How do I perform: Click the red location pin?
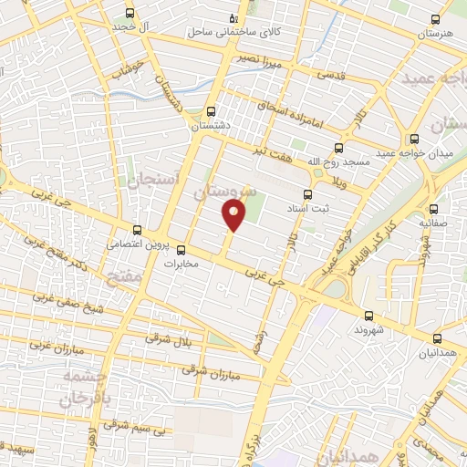pyautogui.click(x=233, y=215)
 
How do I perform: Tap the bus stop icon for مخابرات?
pyautogui.click(x=181, y=250)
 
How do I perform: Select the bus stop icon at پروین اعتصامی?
pyautogui.click(x=137, y=230)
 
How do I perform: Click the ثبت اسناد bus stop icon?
pyautogui.click(x=306, y=193)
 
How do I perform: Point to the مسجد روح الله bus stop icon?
pyautogui.click(x=339, y=147)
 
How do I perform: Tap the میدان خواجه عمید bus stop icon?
pyautogui.click(x=414, y=139)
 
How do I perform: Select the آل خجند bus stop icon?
pyautogui.click(x=130, y=13)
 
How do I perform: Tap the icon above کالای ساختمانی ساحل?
pyautogui.click(x=234, y=17)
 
